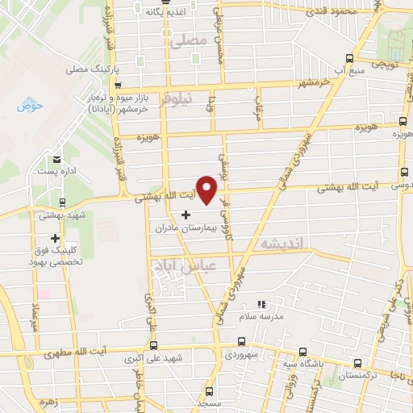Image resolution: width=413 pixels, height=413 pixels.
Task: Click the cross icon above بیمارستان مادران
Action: point(186,215)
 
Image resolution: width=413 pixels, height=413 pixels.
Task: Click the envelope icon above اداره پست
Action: point(57,159)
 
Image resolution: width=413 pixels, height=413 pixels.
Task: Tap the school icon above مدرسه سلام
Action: point(261,304)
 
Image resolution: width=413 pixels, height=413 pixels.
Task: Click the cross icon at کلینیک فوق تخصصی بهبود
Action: point(55,238)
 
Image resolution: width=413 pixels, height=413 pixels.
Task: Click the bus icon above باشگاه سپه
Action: point(302,352)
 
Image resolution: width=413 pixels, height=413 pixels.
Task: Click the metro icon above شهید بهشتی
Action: point(63,202)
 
